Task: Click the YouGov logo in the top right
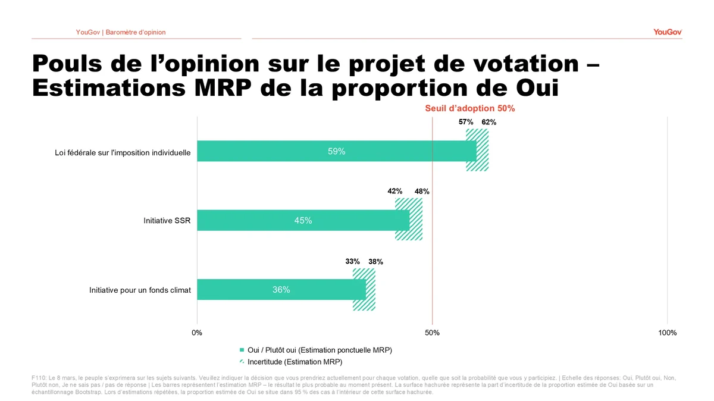click(x=667, y=32)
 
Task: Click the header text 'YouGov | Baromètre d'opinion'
click(x=121, y=32)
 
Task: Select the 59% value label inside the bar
click(x=336, y=152)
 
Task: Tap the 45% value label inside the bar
click(x=303, y=221)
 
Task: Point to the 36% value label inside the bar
click(x=281, y=290)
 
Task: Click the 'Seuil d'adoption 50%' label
click(x=469, y=108)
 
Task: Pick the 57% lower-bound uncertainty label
click(x=466, y=123)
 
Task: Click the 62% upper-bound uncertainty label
click(x=488, y=123)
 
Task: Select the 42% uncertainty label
click(x=395, y=192)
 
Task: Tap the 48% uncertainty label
click(x=422, y=192)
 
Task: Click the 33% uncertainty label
click(x=353, y=261)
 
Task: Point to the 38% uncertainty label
click(x=375, y=261)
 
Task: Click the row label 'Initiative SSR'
click(x=167, y=221)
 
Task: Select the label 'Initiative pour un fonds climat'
click(x=140, y=290)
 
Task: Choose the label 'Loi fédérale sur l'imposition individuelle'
click(x=123, y=152)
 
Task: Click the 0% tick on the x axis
click(x=197, y=333)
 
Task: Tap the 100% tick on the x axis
click(x=668, y=333)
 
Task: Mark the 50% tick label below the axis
click(x=433, y=333)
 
